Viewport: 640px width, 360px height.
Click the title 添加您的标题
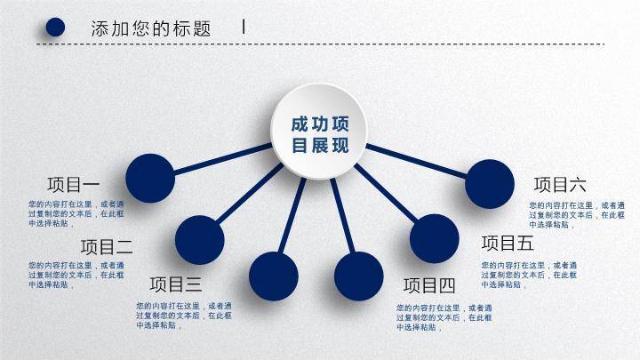[151, 28]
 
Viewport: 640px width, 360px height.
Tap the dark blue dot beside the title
[55, 28]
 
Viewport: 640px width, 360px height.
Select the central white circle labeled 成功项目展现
[320, 134]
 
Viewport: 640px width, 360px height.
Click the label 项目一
[74, 185]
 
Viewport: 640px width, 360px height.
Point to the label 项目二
[107, 246]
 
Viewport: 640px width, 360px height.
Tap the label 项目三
[176, 284]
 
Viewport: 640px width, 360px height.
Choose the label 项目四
[429, 285]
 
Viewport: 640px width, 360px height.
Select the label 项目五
[508, 243]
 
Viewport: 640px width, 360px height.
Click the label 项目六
[560, 185]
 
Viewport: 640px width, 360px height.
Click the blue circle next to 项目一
[150, 177]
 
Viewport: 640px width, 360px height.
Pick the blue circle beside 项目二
[199, 239]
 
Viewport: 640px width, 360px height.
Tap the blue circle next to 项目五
[435, 238]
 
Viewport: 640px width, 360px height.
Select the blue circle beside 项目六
[490, 184]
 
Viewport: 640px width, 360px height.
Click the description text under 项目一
[76, 213]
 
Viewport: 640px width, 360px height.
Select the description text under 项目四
[444, 316]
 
